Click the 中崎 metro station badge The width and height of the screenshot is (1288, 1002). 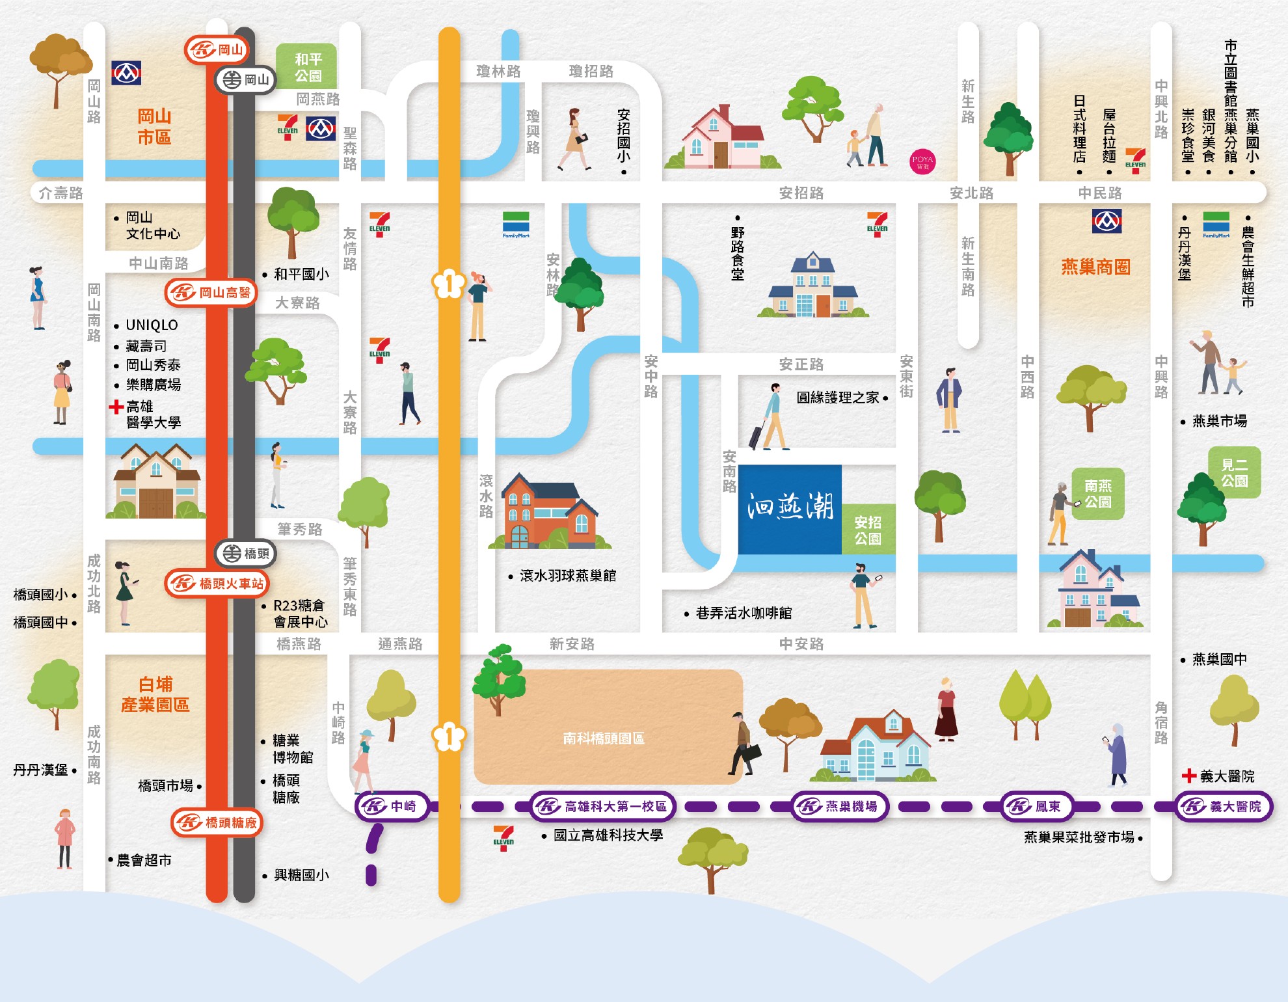(x=392, y=807)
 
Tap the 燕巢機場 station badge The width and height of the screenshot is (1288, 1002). (x=840, y=807)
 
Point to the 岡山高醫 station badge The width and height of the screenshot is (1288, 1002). (x=211, y=293)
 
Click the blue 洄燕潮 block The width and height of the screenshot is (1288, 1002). (x=790, y=508)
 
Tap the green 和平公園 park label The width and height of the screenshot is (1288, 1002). (x=306, y=67)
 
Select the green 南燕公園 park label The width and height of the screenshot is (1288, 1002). (x=1097, y=494)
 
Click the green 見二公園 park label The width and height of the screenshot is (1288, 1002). (x=1234, y=472)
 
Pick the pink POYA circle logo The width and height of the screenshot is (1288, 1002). (x=922, y=162)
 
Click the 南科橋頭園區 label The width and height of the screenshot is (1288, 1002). (x=604, y=738)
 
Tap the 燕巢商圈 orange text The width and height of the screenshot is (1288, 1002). (x=1095, y=267)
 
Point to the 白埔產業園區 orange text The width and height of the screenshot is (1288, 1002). (x=155, y=694)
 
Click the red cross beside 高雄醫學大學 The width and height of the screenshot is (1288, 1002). (x=116, y=407)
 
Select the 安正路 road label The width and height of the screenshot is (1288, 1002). (x=801, y=364)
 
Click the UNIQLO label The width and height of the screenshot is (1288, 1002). (x=151, y=325)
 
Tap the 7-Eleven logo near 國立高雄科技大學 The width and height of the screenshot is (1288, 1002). (x=503, y=837)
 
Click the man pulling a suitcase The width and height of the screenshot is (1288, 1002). (x=770, y=416)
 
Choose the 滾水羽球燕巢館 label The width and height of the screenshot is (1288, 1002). (x=567, y=576)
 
